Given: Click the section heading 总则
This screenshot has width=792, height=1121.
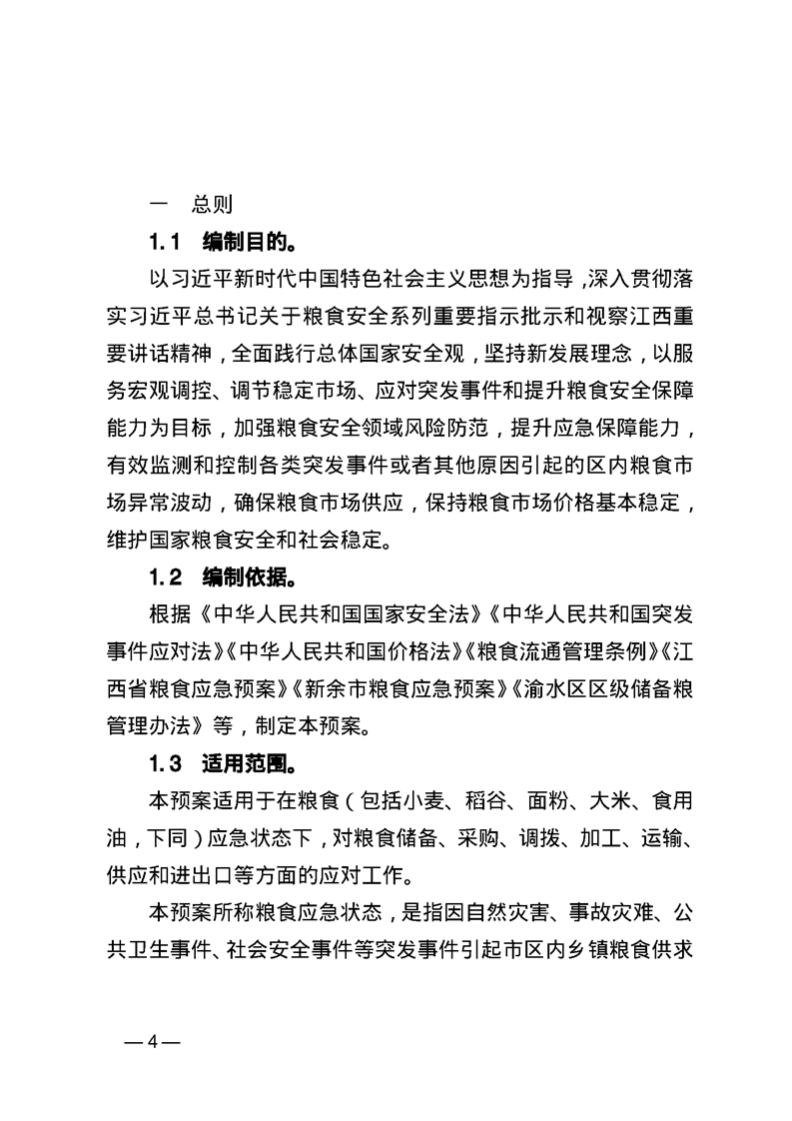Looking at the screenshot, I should click(212, 206).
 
